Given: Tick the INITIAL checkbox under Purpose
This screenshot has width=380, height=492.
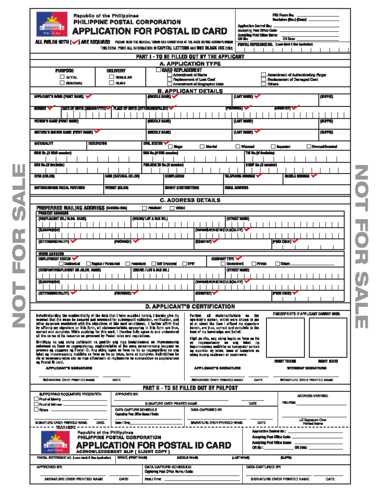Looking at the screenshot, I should coord(62,77).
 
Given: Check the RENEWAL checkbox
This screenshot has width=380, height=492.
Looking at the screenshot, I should coord(62,83).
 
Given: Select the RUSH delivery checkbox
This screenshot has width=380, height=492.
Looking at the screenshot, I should coord(111,83).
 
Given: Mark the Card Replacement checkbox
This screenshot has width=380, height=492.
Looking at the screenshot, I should coord(158,70).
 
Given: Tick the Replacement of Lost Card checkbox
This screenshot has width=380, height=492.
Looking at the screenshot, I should coord(170,79).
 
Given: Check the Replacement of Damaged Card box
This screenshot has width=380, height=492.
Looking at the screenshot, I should coord(263,79).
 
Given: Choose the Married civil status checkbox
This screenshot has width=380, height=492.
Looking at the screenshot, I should coord(202,146).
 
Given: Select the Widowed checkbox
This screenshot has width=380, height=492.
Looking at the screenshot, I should coord(238,146).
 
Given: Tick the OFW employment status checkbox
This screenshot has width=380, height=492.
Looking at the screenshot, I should coord(185,264).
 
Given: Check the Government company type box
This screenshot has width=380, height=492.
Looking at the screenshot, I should coord(223,264).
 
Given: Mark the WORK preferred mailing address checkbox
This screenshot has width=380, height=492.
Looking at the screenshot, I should coord(172,208).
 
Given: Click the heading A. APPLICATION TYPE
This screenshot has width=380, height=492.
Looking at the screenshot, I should coord(190,64).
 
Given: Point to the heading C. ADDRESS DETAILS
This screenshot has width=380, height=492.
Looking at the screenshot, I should coord(190,200).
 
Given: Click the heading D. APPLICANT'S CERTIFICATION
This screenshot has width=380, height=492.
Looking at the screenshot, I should coord(190,306).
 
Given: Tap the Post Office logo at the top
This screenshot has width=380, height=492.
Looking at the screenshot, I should coord(52,24).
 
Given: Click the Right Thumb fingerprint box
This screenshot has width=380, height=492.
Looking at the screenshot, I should coord(285,337).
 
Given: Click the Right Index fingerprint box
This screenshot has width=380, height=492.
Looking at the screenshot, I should coord(328,337).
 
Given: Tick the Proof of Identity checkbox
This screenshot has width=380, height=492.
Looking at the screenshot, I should coord(36,399).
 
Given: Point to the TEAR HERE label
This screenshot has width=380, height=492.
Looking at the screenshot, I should coord(66,427).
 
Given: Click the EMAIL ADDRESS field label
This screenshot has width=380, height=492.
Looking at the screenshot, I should coord(237,188).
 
